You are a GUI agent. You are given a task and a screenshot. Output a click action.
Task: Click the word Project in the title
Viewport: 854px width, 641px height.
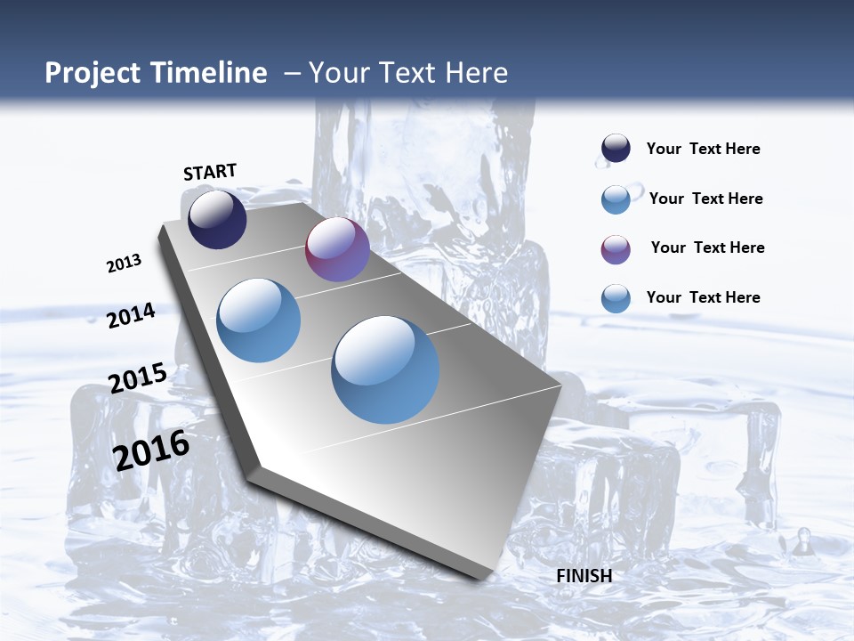coord(91,73)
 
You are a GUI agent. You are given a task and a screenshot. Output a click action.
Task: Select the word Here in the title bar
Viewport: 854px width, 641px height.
coord(476,73)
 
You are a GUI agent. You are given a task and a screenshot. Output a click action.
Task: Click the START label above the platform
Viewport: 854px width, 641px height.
coord(210,172)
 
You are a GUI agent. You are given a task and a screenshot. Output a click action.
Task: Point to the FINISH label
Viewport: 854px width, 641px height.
coord(584,576)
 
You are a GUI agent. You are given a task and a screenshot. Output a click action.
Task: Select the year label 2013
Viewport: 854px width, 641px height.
coord(124,264)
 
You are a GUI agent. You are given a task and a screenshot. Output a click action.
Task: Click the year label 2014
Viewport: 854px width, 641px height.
coord(132,315)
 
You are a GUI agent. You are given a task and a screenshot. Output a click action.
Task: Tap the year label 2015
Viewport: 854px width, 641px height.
coord(137,378)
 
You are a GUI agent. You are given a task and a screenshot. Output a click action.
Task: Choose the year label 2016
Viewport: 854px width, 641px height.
coord(151,450)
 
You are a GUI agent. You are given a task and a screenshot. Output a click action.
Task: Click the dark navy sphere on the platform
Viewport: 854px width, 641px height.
coord(217,219)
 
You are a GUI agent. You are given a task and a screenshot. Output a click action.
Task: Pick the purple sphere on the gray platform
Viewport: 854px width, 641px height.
coord(337,249)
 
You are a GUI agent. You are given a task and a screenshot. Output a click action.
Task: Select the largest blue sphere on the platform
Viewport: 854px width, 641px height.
coord(385,369)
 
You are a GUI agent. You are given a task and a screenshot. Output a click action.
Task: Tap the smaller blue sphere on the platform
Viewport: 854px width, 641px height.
coord(258,320)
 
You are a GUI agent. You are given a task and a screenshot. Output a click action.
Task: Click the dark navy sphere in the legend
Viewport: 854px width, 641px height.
coord(616,149)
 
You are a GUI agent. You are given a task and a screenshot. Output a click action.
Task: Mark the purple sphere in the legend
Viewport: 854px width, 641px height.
coord(616,249)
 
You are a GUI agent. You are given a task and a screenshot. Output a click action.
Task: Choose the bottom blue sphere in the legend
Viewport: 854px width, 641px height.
coord(616,298)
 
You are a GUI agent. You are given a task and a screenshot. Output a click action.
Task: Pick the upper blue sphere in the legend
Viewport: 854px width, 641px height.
coord(616,199)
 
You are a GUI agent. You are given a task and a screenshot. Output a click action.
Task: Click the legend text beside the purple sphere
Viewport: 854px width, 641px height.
coord(707,247)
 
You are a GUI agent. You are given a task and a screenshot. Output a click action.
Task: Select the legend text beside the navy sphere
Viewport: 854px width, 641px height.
coord(703,149)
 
